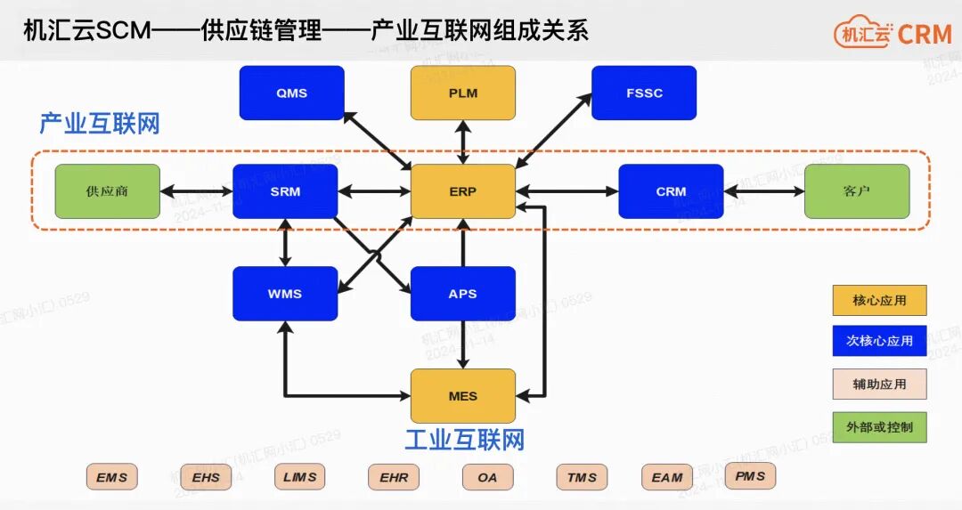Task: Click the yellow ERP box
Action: point(463,191)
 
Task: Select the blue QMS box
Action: point(291,93)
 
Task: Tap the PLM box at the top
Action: point(463,93)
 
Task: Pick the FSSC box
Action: point(643,93)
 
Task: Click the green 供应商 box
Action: point(108,191)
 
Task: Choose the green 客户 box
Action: point(857,191)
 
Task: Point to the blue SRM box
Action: point(285,191)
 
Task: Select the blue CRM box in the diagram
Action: point(671,191)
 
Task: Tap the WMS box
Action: point(285,294)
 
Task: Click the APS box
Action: point(463,294)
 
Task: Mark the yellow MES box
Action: point(463,396)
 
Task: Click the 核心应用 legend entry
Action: point(879,301)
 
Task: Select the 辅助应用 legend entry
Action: point(879,385)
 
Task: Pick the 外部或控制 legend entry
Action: point(879,427)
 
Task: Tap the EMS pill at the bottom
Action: point(112,477)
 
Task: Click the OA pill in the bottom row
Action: point(487,477)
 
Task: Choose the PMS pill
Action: point(750,476)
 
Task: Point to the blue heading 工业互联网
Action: point(464,440)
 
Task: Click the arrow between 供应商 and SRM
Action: point(197,191)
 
